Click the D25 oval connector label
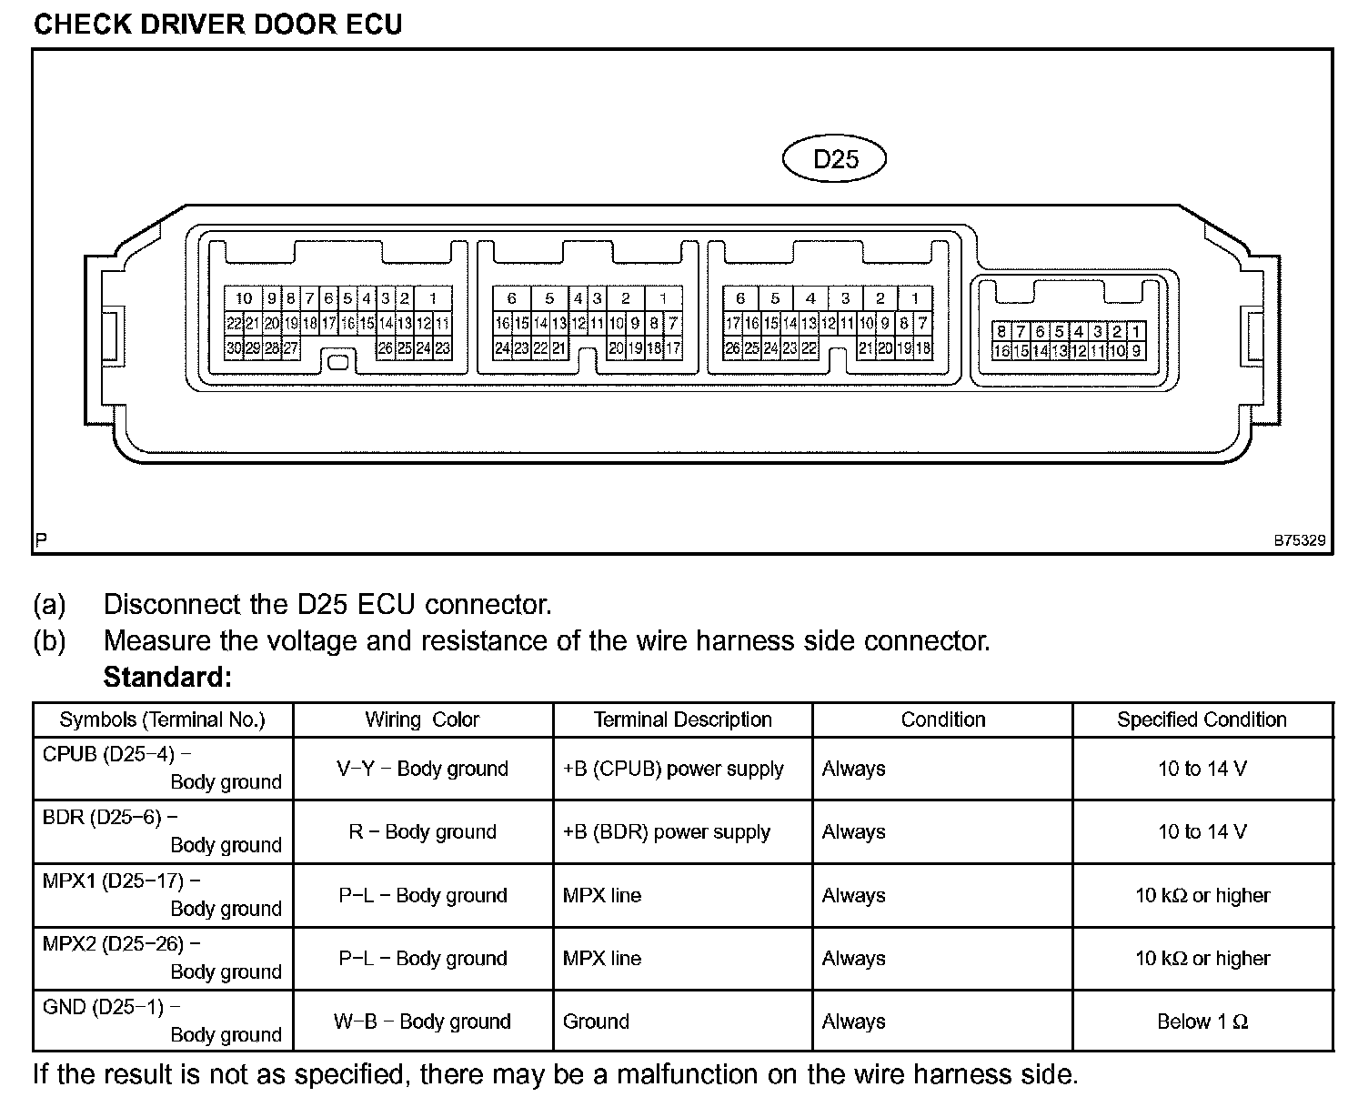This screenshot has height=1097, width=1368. pyautogui.click(x=833, y=159)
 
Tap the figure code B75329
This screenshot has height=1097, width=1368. pyautogui.click(x=1299, y=540)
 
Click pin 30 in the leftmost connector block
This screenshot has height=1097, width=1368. pyautogui.click(x=234, y=347)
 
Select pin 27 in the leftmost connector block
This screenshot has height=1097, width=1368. pyautogui.click(x=291, y=347)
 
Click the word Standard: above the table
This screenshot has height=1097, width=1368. pyautogui.click(x=167, y=678)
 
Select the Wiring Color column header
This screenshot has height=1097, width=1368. pyautogui.click(x=422, y=720)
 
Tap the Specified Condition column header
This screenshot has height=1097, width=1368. pyautogui.click(x=1202, y=720)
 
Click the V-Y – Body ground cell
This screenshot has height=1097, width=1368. pyautogui.click(x=422, y=769)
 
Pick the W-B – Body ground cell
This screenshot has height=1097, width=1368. pyautogui.click(x=422, y=1022)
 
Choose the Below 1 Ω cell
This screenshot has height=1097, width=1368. pyautogui.click(x=1202, y=1022)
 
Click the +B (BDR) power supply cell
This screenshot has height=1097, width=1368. pyautogui.click(x=667, y=831)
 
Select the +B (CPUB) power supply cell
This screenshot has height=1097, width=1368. pyautogui.click(x=673, y=769)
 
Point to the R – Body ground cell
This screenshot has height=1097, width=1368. pyautogui.click(x=422, y=831)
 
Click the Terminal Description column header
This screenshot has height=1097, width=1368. pyautogui.click(x=682, y=720)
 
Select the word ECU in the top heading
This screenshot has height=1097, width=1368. pyautogui.click(x=371, y=24)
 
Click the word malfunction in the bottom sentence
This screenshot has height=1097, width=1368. pyautogui.click(x=687, y=1074)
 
